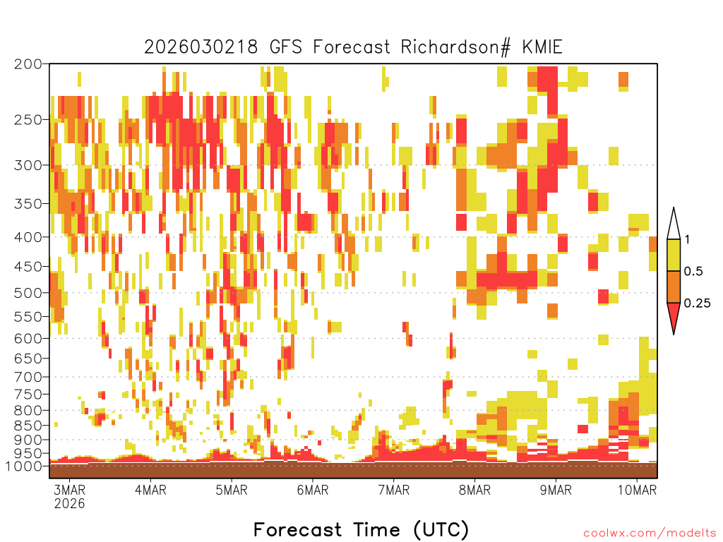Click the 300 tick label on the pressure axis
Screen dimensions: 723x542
coord(28,165)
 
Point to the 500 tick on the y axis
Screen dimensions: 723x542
coord(28,293)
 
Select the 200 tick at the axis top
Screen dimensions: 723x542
coord(28,64)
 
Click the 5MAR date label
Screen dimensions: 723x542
coord(232,490)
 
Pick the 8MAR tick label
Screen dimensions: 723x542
coord(474,490)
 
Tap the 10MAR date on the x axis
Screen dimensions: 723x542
coord(637,490)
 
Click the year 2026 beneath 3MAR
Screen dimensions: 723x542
coord(70,503)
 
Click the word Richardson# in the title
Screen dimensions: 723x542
coord(455,47)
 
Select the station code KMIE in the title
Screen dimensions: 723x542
coord(542,47)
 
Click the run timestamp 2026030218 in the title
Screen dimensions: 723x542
coord(201,47)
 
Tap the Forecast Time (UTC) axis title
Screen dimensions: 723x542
coord(361,529)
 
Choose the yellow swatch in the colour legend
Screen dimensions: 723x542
coord(674,255)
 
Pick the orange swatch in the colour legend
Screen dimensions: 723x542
coord(674,287)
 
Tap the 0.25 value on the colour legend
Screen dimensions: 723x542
coord(697,303)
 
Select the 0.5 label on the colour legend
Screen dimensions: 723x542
coord(693,272)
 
